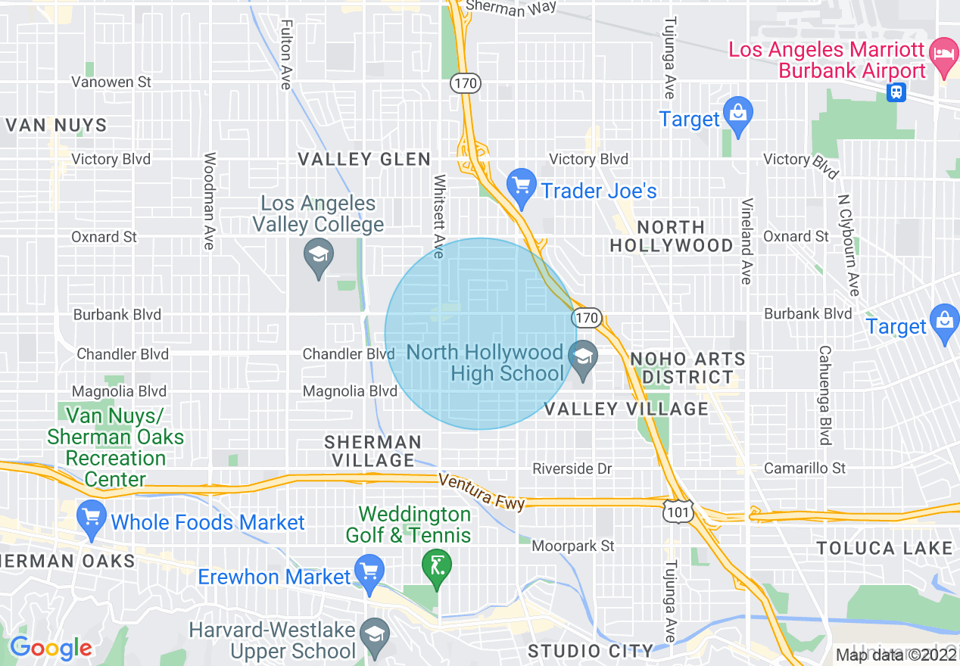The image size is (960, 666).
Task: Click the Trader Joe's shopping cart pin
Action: [x=521, y=188]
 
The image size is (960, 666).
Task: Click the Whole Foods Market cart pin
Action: [x=92, y=520]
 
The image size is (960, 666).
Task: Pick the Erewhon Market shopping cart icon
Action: [x=369, y=574]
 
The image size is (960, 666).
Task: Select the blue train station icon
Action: [x=896, y=92]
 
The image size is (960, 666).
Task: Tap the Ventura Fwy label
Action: [x=482, y=492]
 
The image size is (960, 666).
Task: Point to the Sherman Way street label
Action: [x=511, y=8]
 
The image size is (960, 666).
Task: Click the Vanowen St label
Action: [x=111, y=82]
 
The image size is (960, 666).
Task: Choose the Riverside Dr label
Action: [x=572, y=469]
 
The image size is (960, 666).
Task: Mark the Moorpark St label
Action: [x=573, y=546]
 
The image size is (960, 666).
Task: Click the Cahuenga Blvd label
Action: [x=824, y=396]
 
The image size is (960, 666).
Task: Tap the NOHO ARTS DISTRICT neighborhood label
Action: [x=687, y=367]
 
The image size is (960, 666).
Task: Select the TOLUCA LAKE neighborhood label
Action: [x=884, y=548]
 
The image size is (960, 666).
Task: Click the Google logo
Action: [x=51, y=648]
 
